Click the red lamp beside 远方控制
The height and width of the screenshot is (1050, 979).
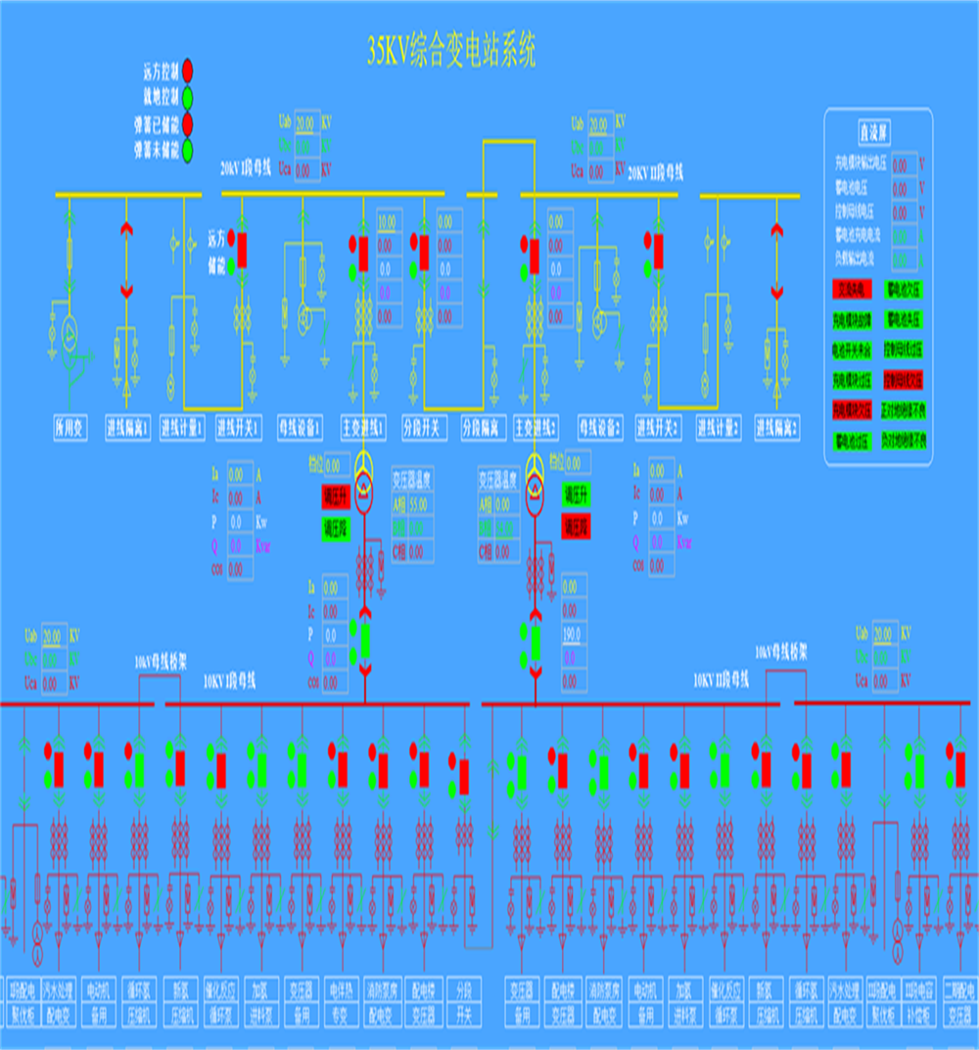pyautogui.click(x=187, y=71)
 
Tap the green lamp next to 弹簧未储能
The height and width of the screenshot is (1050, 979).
pyautogui.click(x=187, y=150)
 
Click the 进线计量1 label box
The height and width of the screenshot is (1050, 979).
pyautogui.click(x=183, y=427)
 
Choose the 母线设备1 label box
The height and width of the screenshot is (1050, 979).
pyautogui.click(x=301, y=427)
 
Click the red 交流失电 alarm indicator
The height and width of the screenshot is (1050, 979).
pyautogui.click(x=853, y=290)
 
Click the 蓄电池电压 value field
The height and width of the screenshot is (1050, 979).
pyautogui.click(x=905, y=188)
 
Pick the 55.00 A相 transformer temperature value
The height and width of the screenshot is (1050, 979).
pyautogui.click(x=418, y=505)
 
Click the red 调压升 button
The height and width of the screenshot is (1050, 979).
pyautogui.click(x=336, y=497)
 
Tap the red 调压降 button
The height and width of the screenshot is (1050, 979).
pyautogui.click(x=576, y=526)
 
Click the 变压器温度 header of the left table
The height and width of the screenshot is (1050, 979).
pyautogui.click(x=413, y=480)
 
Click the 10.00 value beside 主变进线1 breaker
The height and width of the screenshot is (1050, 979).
pyautogui.click(x=388, y=221)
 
